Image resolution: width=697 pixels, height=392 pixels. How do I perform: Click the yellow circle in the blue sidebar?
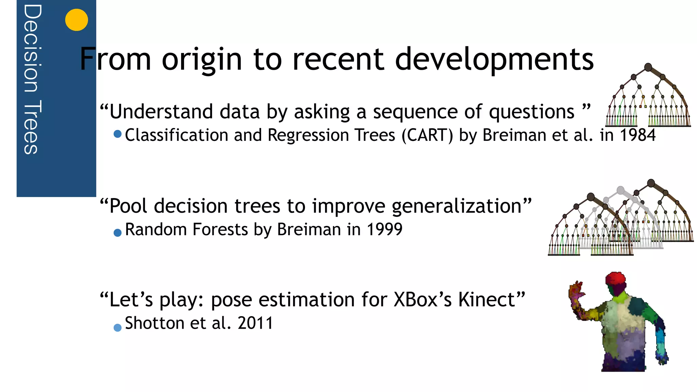77,20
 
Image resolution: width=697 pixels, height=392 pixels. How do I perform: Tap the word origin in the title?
202,59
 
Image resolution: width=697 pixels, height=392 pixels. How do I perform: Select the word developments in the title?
494,59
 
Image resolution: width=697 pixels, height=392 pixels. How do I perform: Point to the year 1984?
637,135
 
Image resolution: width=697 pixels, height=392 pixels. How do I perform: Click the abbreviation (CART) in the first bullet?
427,135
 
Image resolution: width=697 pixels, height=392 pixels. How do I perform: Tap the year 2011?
255,323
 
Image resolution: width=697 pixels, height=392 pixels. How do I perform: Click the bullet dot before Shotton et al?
117,328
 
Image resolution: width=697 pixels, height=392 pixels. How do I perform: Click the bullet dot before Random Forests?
117,233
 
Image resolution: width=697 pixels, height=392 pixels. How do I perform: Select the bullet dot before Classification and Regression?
117,134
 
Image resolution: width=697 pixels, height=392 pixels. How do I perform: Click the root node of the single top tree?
648,67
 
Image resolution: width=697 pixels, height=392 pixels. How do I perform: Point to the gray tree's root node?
621,190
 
